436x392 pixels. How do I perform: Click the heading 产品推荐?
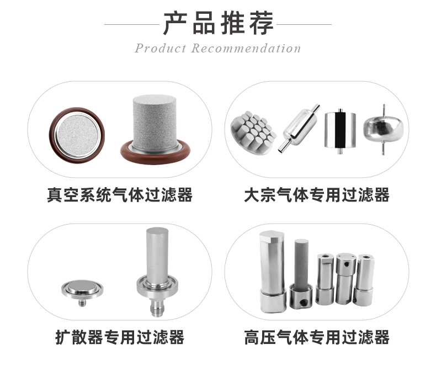pos(218,23)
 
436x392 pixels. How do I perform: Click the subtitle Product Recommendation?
pos(218,49)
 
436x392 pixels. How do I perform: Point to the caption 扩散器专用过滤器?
pos(120,337)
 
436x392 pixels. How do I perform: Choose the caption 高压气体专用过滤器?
pos(316,337)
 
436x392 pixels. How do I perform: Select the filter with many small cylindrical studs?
pos(253,131)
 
